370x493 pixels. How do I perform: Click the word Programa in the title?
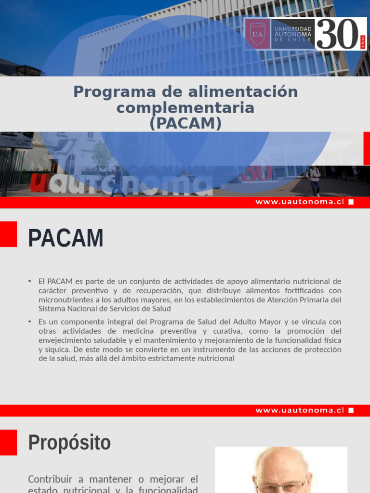pyautogui.click(x=107, y=91)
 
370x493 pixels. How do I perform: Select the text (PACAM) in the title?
pyautogui.click(x=185, y=124)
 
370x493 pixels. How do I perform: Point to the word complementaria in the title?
pyautogui.click(x=185, y=107)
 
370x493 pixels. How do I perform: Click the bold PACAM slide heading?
pyautogui.click(x=66, y=238)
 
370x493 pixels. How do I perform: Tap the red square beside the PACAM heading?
pyautogui.click(x=8, y=234)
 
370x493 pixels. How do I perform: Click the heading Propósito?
pyautogui.click(x=69, y=442)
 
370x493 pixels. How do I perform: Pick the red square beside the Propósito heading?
pyautogui.click(x=8, y=442)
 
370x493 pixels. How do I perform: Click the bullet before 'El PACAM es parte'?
pyautogui.click(x=30, y=281)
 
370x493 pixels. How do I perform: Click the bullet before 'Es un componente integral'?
pyautogui.click(x=30, y=321)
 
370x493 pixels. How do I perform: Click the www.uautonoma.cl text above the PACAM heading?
pyautogui.click(x=300, y=202)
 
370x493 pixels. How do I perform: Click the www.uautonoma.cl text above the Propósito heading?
pyautogui.click(x=300, y=410)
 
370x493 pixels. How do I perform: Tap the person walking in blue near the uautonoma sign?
pyautogui.click(x=118, y=182)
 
